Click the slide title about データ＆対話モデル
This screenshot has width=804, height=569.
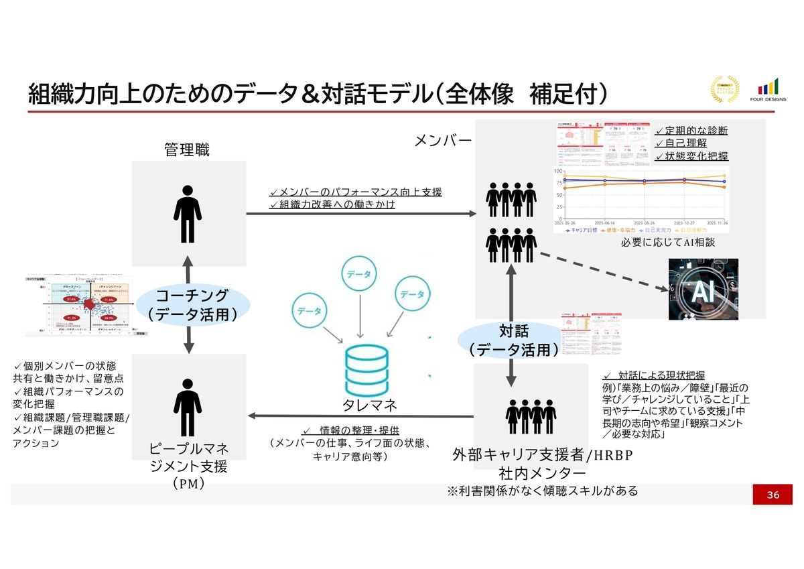pyautogui.click(x=318, y=93)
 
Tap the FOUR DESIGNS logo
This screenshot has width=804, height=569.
pyautogui.click(x=768, y=91)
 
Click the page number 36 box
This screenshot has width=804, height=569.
pyautogui.click(x=773, y=495)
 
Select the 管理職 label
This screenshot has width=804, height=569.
pyautogui.click(x=187, y=149)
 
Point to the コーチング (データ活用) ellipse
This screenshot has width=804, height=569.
pyautogui.click(x=192, y=305)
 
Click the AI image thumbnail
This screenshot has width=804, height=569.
pyautogui.click(x=703, y=289)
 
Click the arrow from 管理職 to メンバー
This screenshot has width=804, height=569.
pyautogui.click(x=361, y=214)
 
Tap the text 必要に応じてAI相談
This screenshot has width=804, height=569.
pyautogui.click(x=667, y=243)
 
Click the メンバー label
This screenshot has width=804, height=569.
pyautogui.click(x=444, y=140)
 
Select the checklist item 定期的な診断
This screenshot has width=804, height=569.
pyautogui.click(x=691, y=131)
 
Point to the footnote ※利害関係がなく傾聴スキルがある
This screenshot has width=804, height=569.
pyautogui.click(x=542, y=491)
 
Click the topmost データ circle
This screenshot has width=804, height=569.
pyautogui.click(x=360, y=275)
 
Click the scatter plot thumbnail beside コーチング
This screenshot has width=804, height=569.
pyautogui.click(x=79, y=305)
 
